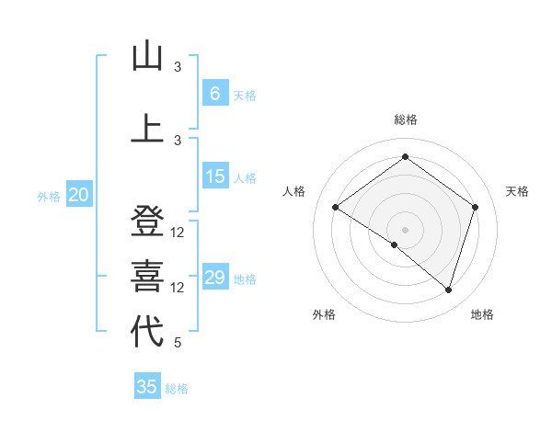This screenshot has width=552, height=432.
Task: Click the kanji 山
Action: coord(147,57)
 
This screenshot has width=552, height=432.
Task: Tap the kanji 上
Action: coord(147,129)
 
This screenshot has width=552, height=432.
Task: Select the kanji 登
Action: coord(147,222)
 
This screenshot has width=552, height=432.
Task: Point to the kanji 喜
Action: coord(147,277)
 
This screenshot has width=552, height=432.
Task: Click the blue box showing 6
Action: coord(215,94)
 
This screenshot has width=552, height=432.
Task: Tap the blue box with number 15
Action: coord(215,176)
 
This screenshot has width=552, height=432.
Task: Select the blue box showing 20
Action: coord(79,195)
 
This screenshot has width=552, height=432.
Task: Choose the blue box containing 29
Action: coord(215,278)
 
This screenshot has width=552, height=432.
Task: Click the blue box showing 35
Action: coord(147,387)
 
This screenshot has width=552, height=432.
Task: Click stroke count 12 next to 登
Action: coord(178,233)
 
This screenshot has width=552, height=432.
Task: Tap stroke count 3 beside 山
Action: coord(178,67)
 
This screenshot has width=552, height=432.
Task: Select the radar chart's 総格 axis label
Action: coord(406,119)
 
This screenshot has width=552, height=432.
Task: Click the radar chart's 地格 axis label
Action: coord(482,315)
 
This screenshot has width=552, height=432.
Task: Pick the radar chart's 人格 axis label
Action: coord(294,191)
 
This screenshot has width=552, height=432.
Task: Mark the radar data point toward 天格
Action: coord(475,207)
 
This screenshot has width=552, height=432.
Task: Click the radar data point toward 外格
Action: coord(395,245)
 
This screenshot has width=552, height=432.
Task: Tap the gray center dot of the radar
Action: coord(405,229)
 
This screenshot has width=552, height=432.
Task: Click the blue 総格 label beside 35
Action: coord(177,389)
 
